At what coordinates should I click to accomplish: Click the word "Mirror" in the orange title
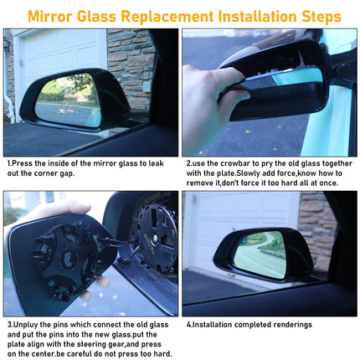point(50,16)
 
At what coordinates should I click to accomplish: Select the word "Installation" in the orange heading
point(257,16)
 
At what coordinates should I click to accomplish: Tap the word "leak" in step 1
point(156,163)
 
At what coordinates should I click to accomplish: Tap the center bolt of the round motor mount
point(153,239)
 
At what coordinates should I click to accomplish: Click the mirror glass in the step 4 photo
point(261,254)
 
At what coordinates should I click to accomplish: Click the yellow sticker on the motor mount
point(148,243)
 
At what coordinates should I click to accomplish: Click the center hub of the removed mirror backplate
point(69,259)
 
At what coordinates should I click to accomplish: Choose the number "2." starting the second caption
point(189,163)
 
